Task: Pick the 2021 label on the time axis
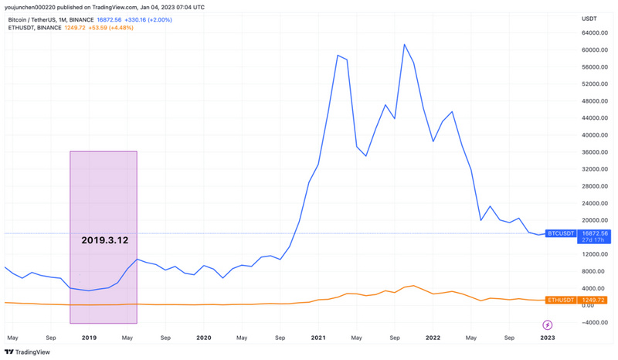click(x=319, y=338)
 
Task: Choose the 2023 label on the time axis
click(x=547, y=338)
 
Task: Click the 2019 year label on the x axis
click(x=89, y=338)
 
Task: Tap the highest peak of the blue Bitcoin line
click(x=405, y=45)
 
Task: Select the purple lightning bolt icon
click(x=548, y=324)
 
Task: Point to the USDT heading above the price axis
click(x=590, y=18)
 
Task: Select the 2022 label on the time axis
click(x=433, y=338)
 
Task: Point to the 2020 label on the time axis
click(x=204, y=338)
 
